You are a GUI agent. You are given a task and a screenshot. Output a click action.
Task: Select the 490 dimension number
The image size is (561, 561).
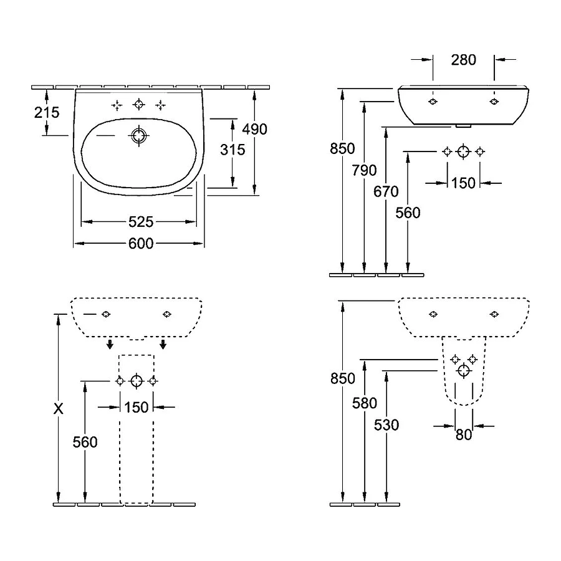click(x=255, y=129)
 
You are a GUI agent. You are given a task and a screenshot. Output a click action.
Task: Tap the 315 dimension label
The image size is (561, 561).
click(x=233, y=150)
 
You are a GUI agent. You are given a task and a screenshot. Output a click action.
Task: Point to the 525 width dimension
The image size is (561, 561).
click(x=141, y=221)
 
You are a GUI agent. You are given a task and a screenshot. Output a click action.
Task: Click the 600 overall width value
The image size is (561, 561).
click(x=141, y=244)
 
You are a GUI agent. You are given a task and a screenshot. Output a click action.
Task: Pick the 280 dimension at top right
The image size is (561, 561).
click(x=463, y=60)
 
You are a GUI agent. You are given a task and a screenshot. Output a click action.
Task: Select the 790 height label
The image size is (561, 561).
click(x=364, y=170)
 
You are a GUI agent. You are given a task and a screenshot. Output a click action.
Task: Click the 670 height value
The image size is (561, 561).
click(x=386, y=192)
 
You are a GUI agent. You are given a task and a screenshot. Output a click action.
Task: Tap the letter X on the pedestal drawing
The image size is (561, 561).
click(x=59, y=409)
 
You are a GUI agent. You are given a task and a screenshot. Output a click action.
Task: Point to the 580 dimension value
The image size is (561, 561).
click(x=365, y=403)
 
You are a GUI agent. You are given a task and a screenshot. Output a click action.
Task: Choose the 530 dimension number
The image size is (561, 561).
click(x=386, y=425)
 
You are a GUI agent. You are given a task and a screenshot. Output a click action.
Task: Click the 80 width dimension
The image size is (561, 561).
click(x=463, y=435)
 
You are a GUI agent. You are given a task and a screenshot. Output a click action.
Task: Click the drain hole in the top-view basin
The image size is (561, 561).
click(x=138, y=135)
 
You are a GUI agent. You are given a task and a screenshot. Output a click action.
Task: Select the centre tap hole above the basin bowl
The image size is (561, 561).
click(x=138, y=105)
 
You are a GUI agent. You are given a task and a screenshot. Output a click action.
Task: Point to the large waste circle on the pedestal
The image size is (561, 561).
click(x=137, y=381)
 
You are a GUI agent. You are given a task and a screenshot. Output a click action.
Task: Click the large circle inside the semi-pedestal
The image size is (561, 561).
click(x=463, y=371)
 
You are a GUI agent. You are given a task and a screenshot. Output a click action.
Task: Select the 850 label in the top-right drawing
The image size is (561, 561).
click(x=343, y=148)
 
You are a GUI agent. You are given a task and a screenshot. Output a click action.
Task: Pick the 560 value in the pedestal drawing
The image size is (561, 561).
click(x=85, y=442)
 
